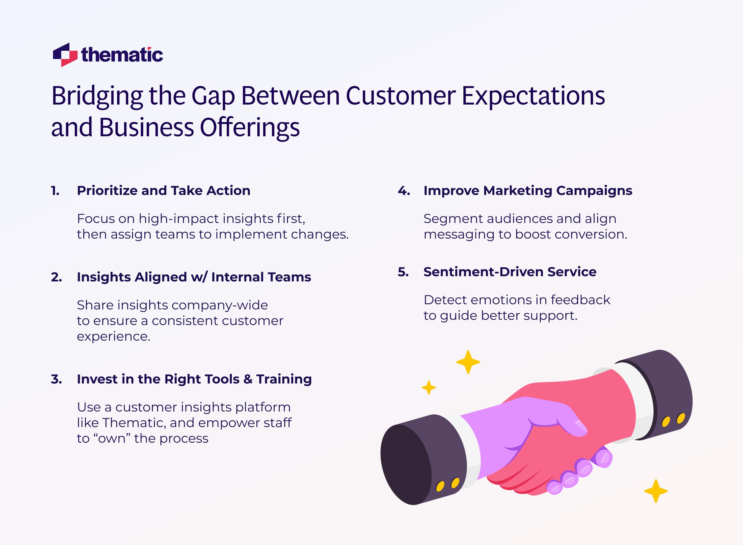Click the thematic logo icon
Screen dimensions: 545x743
[65, 55]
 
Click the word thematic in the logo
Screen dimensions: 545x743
[122, 55]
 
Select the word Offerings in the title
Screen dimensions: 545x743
[250, 127]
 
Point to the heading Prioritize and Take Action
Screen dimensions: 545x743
[163, 191]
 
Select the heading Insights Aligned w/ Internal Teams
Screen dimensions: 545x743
[194, 277]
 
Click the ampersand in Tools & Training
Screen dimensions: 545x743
[248, 379]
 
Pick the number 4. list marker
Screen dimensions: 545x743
[404, 191]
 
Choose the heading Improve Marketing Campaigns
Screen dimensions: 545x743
[528, 191]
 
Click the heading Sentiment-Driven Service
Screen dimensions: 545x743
[510, 272]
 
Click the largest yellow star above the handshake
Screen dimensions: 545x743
[468, 362]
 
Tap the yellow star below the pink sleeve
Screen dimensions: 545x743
[656, 491]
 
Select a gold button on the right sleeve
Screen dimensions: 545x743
[666, 422]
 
